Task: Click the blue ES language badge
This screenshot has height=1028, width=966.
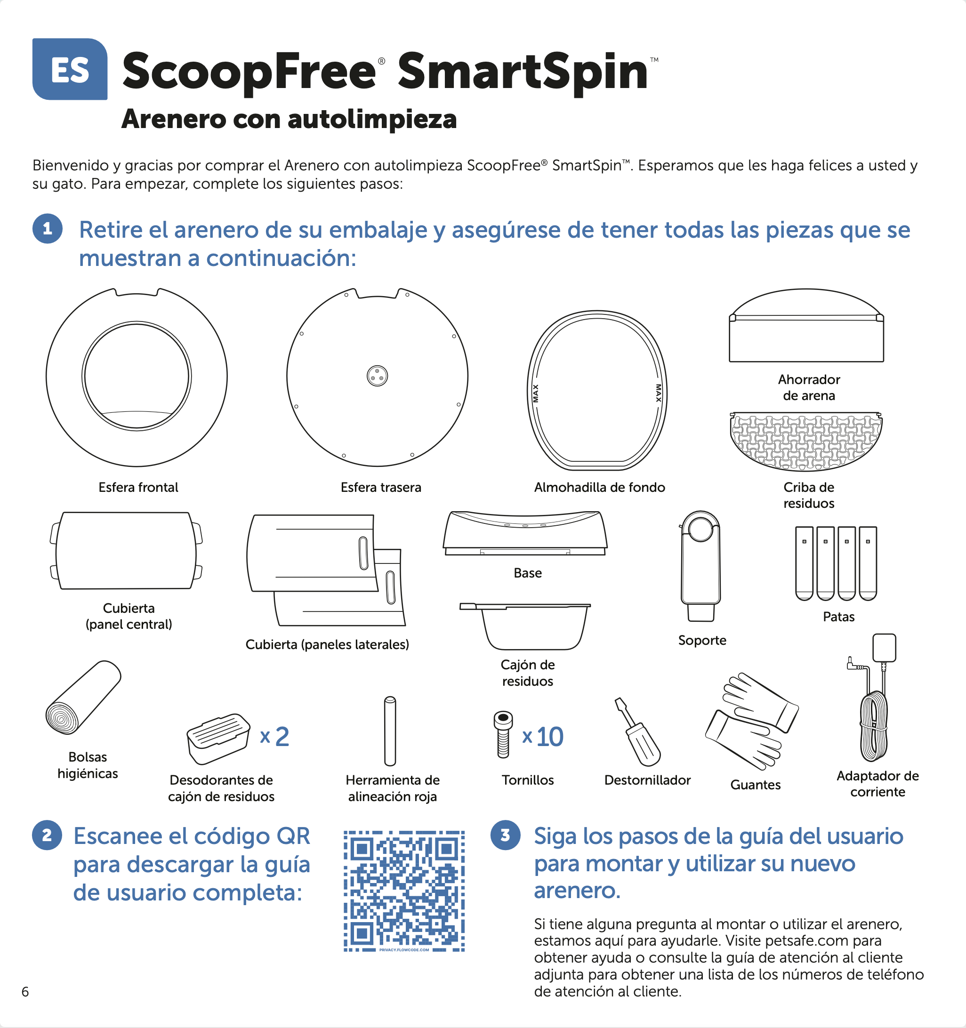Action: coord(70,69)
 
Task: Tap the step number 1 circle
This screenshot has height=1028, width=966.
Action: coord(48,229)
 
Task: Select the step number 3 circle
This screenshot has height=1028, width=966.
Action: coord(505,835)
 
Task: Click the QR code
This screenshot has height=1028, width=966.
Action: coord(404,891)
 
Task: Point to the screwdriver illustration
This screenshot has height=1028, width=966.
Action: coord(637,732)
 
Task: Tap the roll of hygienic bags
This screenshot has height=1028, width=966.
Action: coord(83,697)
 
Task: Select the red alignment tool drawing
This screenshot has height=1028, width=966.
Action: coord(390,731)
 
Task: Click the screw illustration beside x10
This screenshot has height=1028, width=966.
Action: coord(503,734)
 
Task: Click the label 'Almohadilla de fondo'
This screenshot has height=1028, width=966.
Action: coord(599,487)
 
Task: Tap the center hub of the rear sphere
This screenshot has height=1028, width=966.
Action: coord(377,376)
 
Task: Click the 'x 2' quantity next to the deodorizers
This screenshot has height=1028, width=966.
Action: coord(274,736)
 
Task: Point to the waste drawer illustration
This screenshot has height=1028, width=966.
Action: coord(525,626)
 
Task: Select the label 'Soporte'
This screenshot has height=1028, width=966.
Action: coord(702,640)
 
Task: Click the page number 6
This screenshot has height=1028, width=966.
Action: coord(25,991)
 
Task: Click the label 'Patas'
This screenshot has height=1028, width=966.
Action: coord(838,617)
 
